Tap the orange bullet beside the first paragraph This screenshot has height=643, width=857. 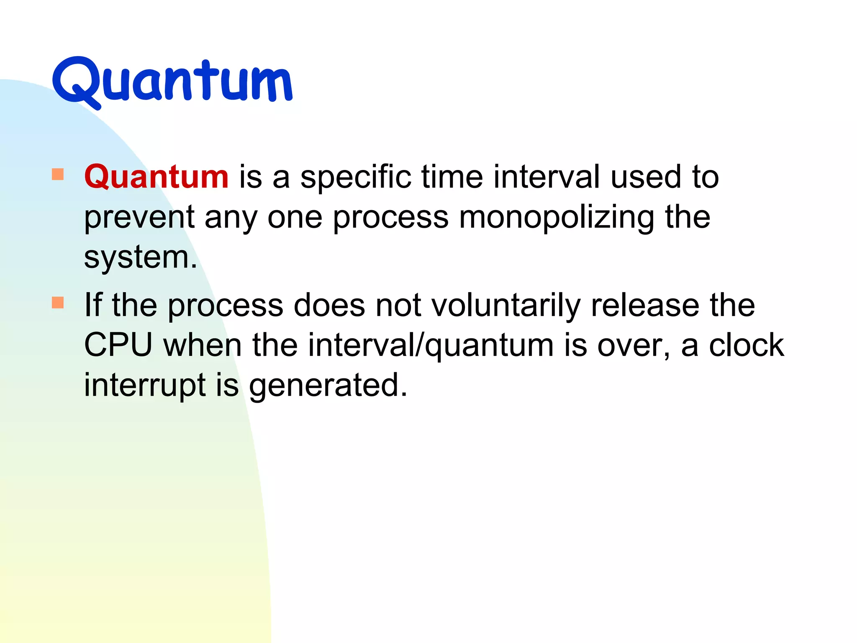click(x=58, y=174)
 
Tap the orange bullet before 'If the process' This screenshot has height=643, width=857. click(x=58, y=302)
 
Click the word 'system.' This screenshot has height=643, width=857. click(x=141, y=258)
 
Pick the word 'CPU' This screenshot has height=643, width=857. click(x=118, y=345)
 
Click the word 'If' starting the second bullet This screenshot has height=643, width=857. click(x=93, y=304)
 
